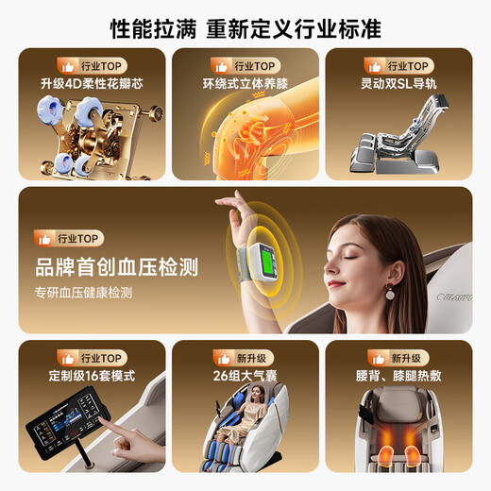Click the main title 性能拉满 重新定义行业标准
click(245, 28)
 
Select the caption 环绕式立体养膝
click(245, 84)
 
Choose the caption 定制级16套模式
click(92, 376)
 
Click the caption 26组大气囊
click(245, 376)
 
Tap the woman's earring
click(389, 292)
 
